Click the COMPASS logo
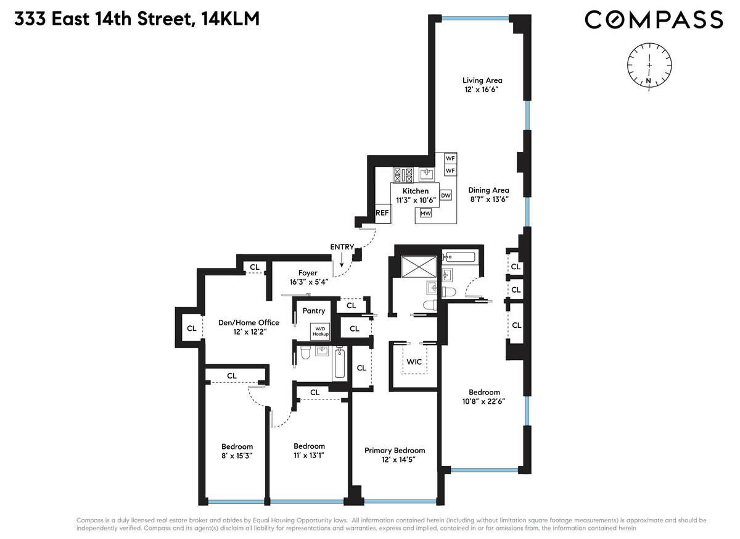tap(653, 20)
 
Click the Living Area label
tap(482, 80)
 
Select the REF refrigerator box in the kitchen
tap(382, 212)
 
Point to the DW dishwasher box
tap(445, 195)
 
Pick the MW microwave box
tap(425, 214)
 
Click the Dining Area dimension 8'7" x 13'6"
tap(488, 199)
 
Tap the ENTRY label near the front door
tap(342, 247)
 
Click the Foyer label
tap(307, 272)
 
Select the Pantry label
tap(313, 311)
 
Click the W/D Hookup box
tap(320, 330)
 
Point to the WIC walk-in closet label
tap(414, 361)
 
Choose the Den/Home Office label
tap(249, 322)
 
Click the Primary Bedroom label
tap(395, 450)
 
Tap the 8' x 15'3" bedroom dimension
tap(237, 456)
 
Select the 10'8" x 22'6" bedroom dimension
tap(484, 401)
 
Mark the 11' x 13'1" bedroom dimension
tap(309, 456)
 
